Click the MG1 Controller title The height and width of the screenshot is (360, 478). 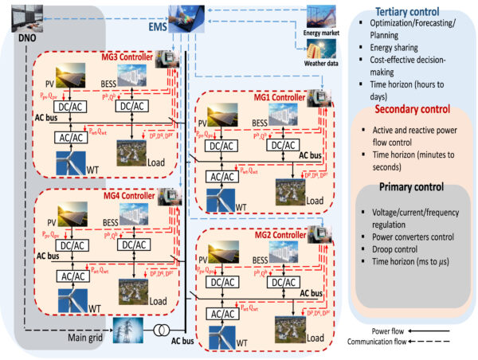pyautogui.click(x=271, y=96)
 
